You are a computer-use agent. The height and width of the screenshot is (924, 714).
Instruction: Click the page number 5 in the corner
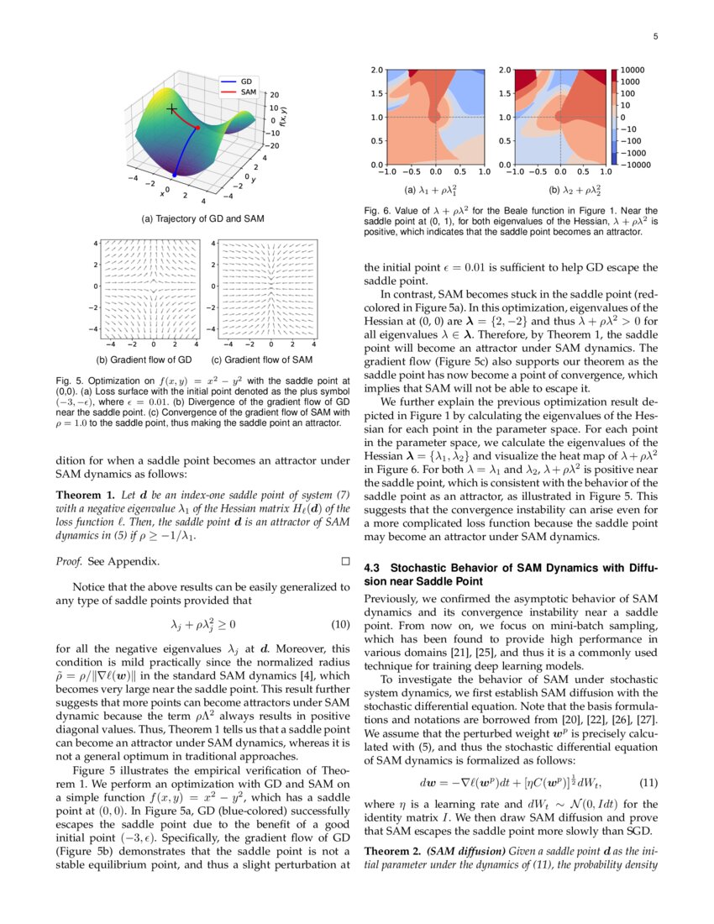click(654, 37)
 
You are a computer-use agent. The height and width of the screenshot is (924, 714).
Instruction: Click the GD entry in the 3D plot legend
click(246, 81)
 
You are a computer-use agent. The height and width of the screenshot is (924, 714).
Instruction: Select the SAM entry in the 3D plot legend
click(248, 91)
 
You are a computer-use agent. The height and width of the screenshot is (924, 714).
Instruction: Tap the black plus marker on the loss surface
click(171, 109)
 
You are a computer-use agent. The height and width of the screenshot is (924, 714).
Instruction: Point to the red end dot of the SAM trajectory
click(197, 128)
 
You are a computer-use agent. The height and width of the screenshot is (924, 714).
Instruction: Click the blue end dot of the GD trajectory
click(175, 175)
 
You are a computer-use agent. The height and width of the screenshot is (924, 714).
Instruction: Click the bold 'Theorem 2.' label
click(392, 851)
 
